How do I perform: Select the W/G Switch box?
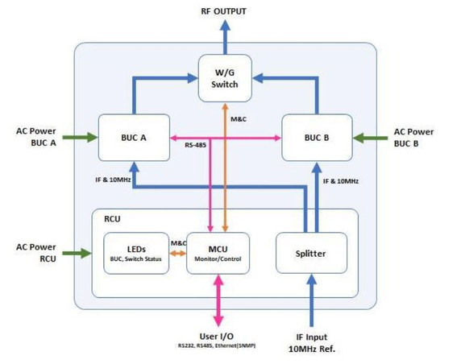point(225,78)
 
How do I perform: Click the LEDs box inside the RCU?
point(136,253)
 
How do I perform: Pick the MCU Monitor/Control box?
point(218,253)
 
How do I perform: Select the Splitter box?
point(311,253)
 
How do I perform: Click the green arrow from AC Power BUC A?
point(81,138)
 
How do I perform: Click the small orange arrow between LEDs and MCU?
point(177,253)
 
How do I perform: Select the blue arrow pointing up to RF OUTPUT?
point(225,36)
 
